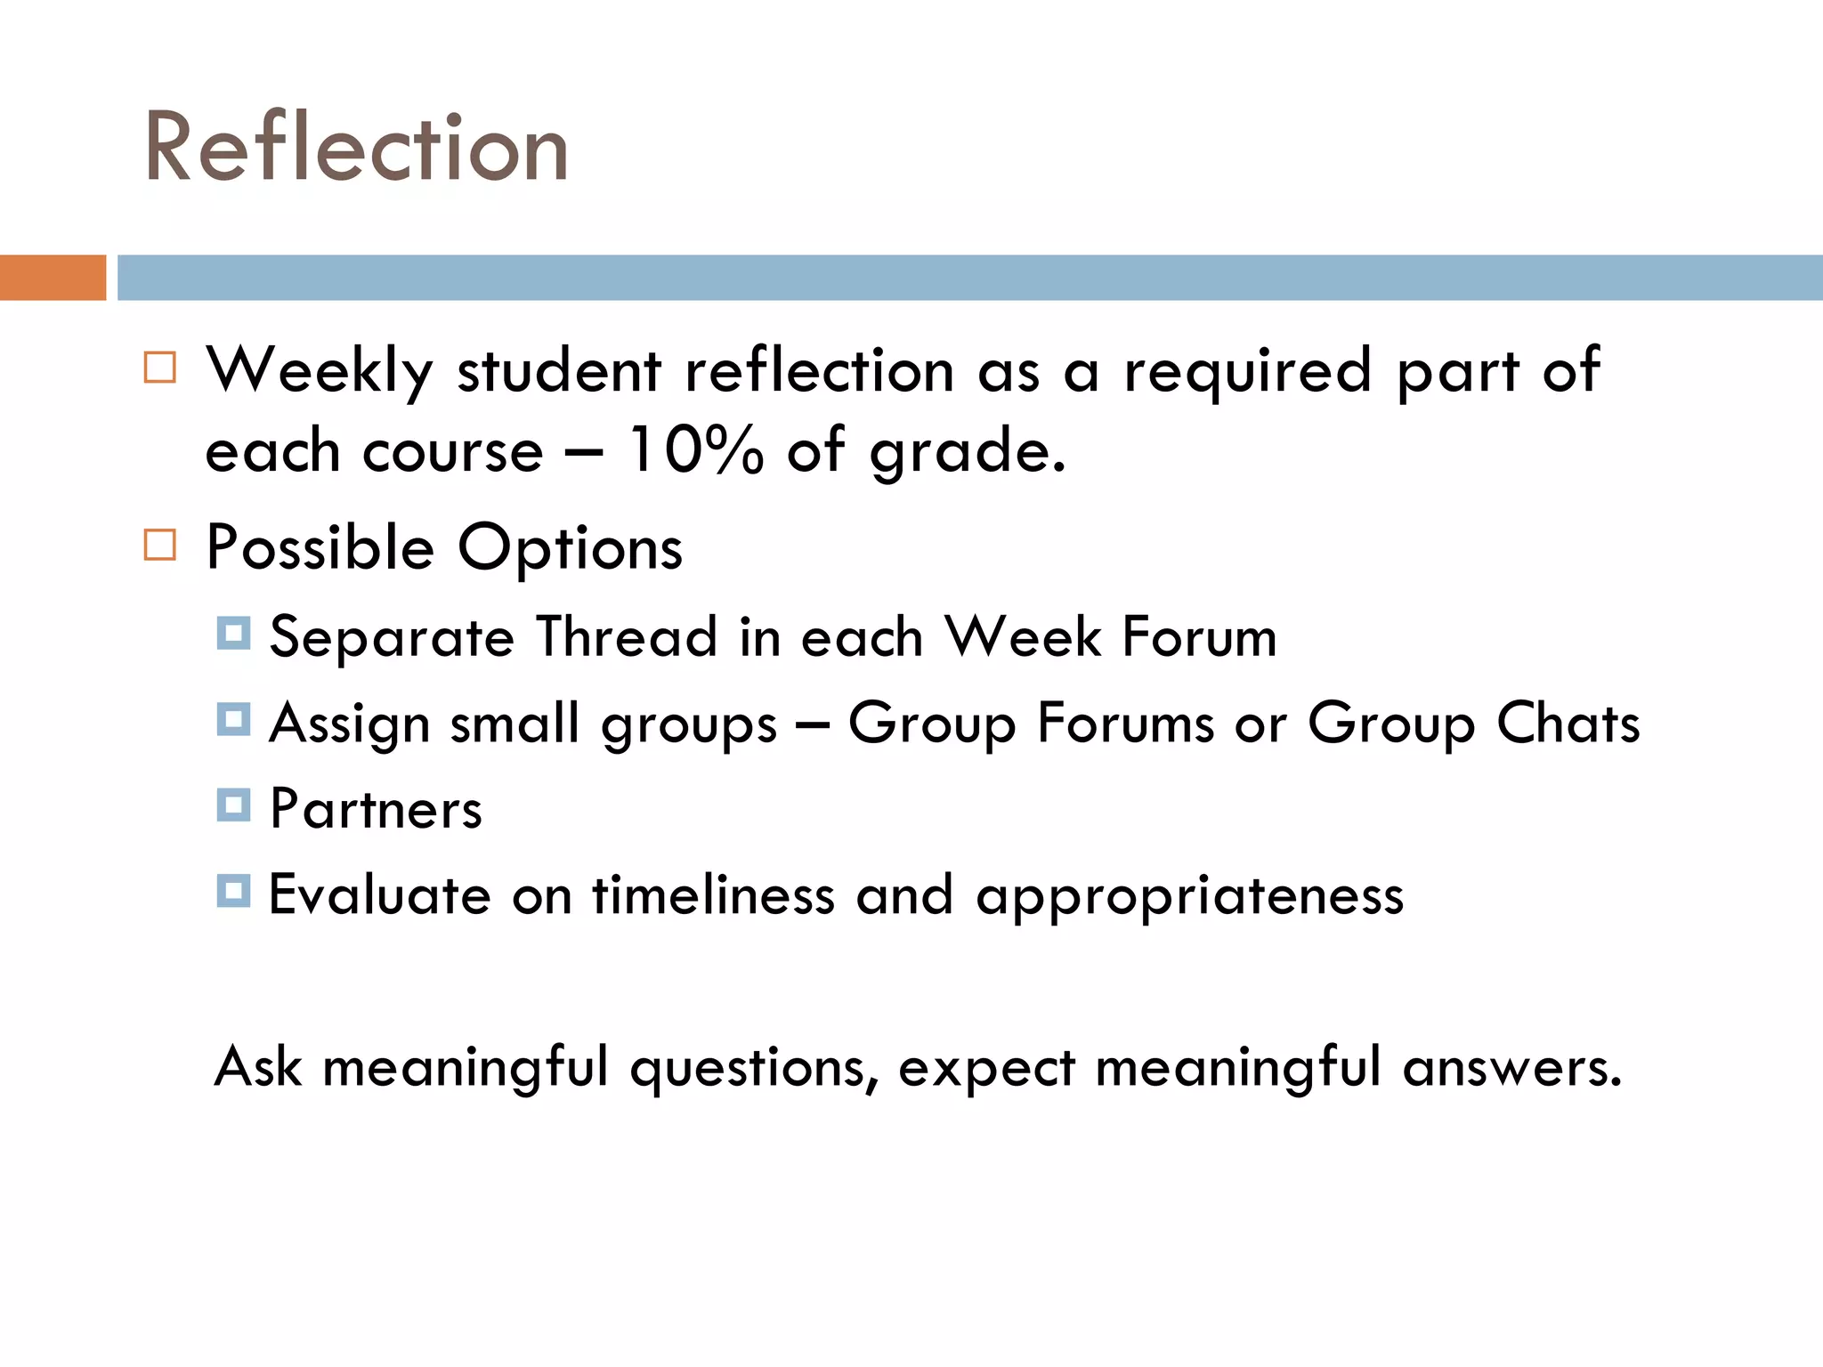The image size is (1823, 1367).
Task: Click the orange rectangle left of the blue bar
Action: click(x=53, y=278)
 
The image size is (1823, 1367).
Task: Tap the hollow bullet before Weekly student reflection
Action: click(x=160, y=368)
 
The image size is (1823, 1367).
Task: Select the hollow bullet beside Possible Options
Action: click(x=160, y=545)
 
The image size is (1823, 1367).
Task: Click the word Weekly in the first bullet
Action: click(x=320, y=370)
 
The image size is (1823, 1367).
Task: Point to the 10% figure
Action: click(x=695, y=449)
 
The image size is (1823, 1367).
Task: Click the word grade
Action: click(x=967, y=451)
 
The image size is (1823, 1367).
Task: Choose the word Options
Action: click(x=570, y=547)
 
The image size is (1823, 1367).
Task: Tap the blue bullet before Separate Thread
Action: click(x=233, y=634)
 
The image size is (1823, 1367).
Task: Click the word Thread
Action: click(x=627, y=637)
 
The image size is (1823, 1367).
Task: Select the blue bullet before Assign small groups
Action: click(x=233, y=719)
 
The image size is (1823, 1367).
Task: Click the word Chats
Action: click(x=1568, y=723)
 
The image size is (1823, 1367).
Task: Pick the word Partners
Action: click(x=376, y=809)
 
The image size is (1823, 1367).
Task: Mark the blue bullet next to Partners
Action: click(x=233, y=805)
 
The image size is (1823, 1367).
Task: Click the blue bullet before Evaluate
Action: click(x=233, y=891)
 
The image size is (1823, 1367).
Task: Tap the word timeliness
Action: click(x=714, y=895)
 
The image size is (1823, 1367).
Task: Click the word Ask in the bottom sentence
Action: click(x=258, y=1066)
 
